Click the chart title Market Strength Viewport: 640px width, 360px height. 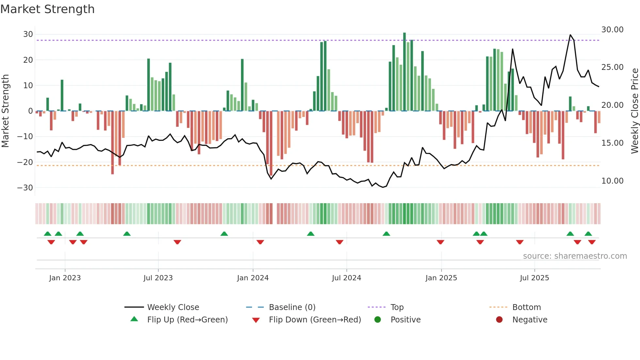pos(47,9)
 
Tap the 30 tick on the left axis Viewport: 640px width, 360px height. pos(28,34)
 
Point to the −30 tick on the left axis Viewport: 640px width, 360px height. pos(25,188)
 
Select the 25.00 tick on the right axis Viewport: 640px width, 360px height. pos(612,67)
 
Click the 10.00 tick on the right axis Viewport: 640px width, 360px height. pos(612,181)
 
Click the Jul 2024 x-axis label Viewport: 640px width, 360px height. pos(346,278)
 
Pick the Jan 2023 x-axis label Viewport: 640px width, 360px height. pos(65,278)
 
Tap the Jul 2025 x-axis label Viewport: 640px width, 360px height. pos(534,278)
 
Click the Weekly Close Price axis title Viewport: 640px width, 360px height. pos(634,111)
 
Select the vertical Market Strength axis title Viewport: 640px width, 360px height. pos(5,111)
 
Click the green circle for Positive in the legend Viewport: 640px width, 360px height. pos(377,320)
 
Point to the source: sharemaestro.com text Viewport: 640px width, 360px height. pos(575,256)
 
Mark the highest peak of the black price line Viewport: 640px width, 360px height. pos(570,35)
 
